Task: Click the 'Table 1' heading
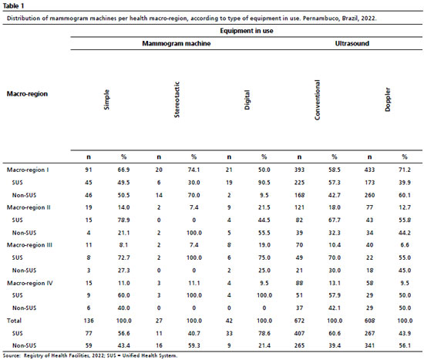(x=14, y=5)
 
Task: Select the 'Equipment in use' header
(x=247, y=31)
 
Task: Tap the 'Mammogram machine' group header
(x=177, y=43)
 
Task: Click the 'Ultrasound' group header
(x=352, y=43)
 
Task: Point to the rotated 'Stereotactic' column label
(x=177, y=99)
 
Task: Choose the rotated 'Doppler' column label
(x=388, y=99)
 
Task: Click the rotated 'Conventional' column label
(x=317, y=99)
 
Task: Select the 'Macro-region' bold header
(x=27, y=94)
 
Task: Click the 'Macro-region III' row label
(x=29, y=245)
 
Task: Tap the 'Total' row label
(x=14, y=321)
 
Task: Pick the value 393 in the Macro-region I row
(x=299, y=170)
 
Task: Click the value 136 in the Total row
(x=89, y=321)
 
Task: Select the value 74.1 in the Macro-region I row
(x=193, y=170)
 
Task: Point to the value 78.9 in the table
(x=123, y=220)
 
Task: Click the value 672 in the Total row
(x=299, y=321)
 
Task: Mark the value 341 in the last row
(x=369, y=345)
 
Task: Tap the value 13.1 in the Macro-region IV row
(x=335, y=283)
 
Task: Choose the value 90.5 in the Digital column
(x=264, y=183)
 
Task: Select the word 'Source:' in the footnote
(x=12, y=355)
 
